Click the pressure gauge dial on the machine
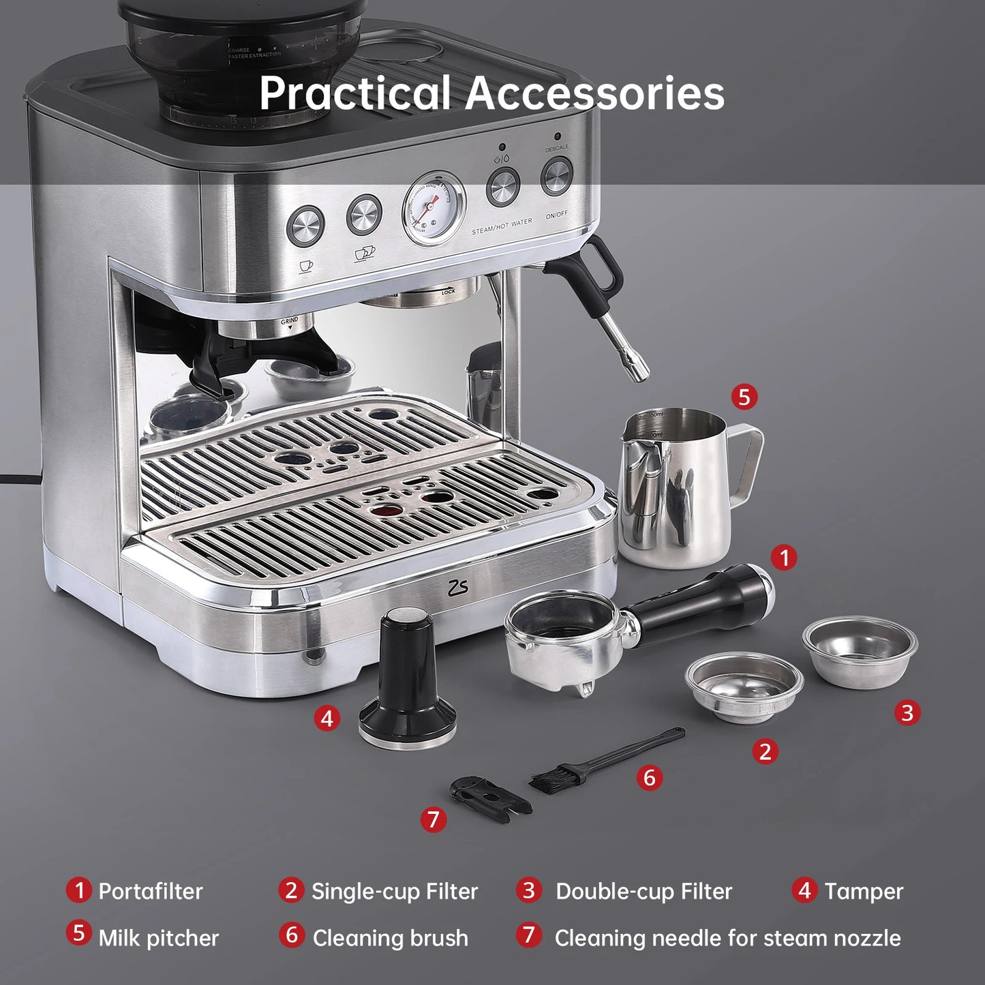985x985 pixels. [433, 207]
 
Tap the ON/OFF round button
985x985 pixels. [556, 177]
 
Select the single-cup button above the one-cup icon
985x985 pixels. [305, 225]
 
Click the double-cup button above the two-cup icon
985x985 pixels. [364, 215]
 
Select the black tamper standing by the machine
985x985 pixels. [408, 682]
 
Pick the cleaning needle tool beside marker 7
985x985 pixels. [487, 795]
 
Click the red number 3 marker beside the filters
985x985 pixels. [907, 713]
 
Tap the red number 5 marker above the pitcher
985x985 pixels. [744, 396]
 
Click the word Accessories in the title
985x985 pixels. [594, 93]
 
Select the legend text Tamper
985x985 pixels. [864, 891]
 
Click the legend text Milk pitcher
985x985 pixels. [158, 938]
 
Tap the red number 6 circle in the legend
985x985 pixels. [291, 935]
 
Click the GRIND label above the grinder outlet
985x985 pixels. [290, 320]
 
